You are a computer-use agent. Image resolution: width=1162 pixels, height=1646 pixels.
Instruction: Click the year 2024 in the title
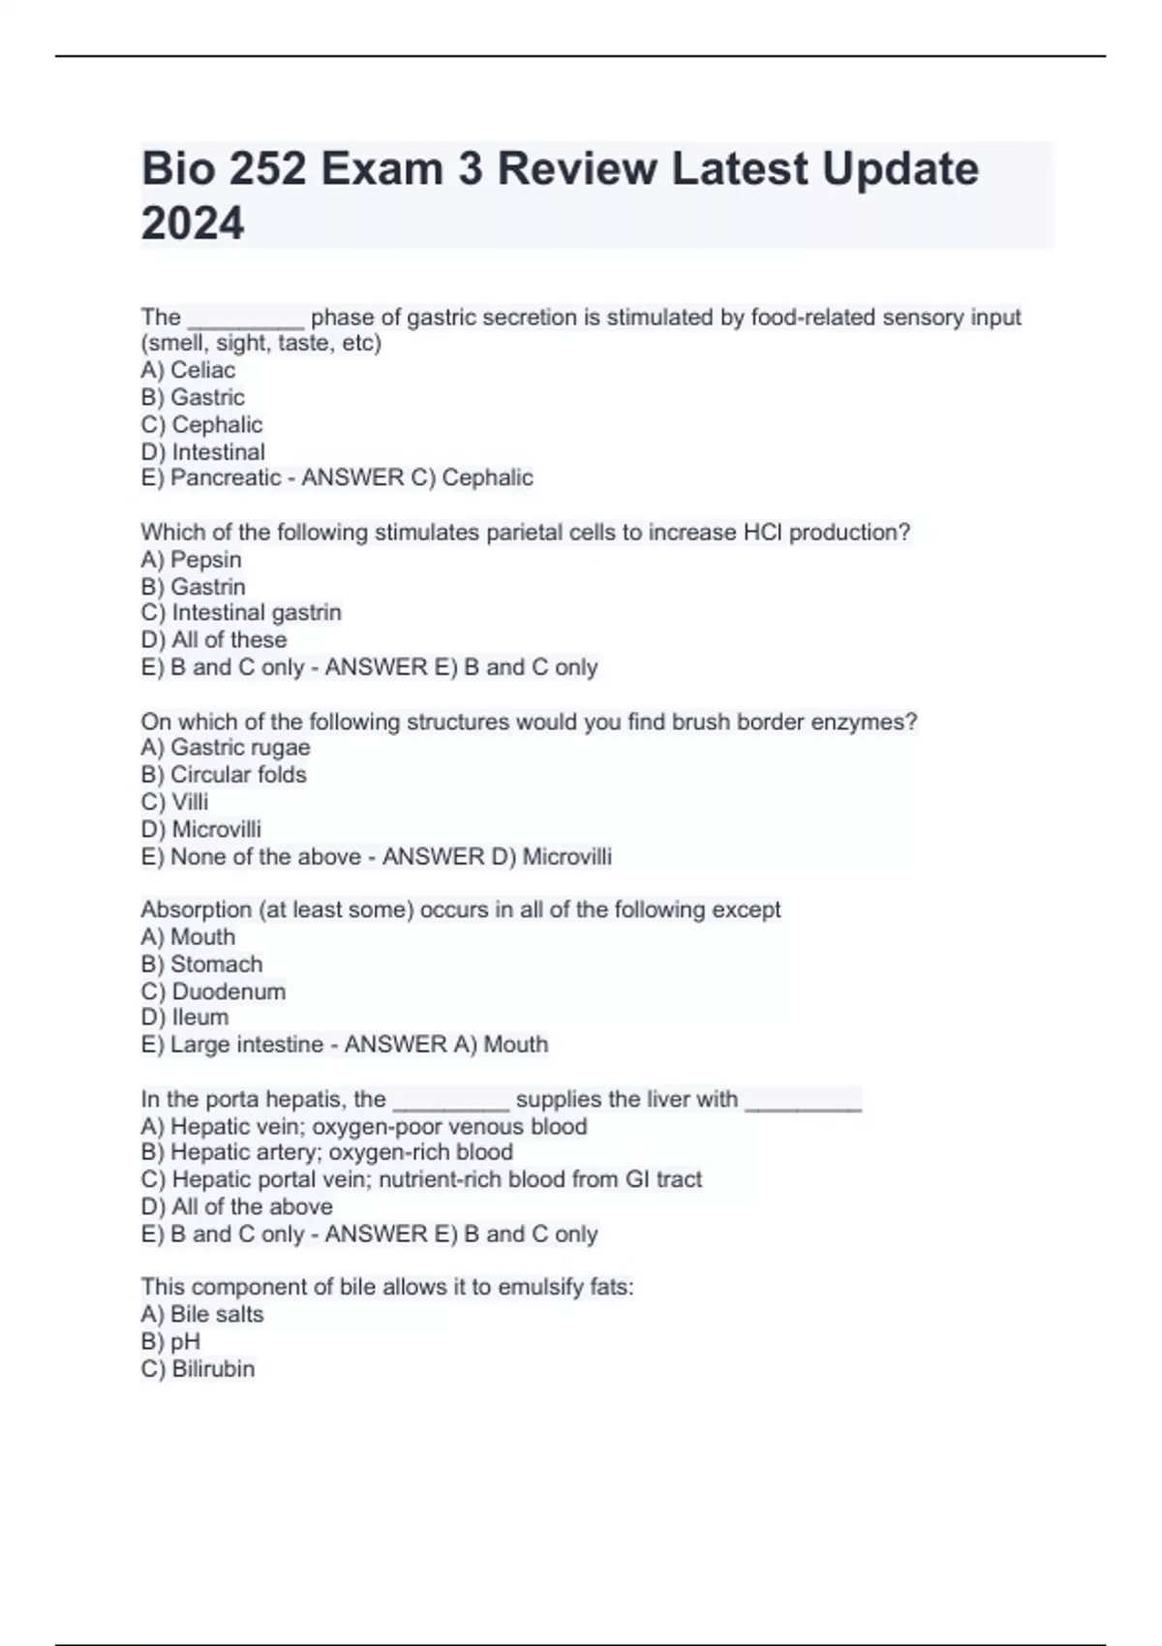click(x=193, y=224)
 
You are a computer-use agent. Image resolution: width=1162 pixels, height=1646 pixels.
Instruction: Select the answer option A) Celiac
click(x=188, y=370)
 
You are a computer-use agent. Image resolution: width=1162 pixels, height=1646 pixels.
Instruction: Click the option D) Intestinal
click(x=202, y=451)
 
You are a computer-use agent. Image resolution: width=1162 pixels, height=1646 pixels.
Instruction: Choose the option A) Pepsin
click(x=191, y=560)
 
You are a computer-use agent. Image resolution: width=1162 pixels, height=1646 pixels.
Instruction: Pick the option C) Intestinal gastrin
click(x=241, y=613)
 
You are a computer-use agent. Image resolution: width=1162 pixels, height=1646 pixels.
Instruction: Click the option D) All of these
click(x=214, y=640)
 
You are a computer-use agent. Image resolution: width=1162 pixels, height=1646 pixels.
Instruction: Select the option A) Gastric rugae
click(x=226, y=747)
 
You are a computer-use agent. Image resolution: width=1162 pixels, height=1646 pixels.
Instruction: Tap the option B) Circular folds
click(x=224, y=775)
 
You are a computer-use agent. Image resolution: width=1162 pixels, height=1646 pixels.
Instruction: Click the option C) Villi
click(x=174, y=802)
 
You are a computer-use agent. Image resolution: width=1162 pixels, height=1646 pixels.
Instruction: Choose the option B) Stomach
click(x=201, y=964)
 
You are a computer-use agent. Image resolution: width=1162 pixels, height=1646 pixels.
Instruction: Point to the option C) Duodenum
click(x=213, y=991)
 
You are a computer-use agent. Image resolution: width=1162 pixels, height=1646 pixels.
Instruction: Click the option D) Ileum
click(x=185, y=1018)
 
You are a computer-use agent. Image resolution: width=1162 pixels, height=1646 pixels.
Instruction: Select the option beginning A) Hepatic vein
click(x=364, y=1127)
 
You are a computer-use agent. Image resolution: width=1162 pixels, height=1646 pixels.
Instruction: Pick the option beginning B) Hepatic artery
click(x=327, y=1152)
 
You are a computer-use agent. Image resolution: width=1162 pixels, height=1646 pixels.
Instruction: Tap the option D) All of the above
click(x=236, y=1207)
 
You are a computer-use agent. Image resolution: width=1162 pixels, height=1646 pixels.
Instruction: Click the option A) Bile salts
click(x=202, y=1315)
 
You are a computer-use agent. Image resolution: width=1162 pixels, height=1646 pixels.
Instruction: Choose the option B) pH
click(x=170, y=1342)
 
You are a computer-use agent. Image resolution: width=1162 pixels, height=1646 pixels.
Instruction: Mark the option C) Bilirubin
click(x=198, y=1369)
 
